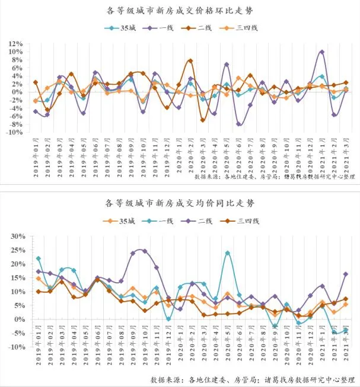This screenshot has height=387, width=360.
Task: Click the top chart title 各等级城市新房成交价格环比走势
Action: point(180,11)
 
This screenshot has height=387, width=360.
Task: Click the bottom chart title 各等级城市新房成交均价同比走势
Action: point(180,203)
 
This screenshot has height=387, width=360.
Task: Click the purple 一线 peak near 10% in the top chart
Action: point(321,52)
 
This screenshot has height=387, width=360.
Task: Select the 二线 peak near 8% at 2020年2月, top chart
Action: point(190,60)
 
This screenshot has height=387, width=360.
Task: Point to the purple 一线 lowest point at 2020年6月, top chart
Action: point(238,124)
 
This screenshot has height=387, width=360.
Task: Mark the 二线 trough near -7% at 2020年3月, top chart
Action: point(202,120)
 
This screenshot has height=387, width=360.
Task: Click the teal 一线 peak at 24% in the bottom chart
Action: point(227,253)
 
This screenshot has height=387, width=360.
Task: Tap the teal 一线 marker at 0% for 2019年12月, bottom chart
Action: point(168,319)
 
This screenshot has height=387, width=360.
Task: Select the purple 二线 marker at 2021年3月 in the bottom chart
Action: point(346,274)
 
